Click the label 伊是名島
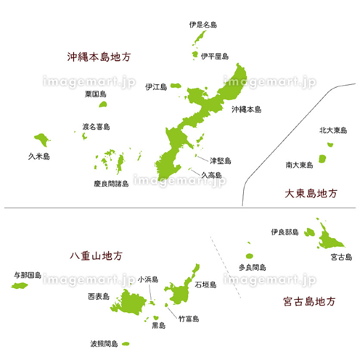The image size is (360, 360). [x=203, y=24]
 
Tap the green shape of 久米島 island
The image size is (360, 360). [x=41, y=138]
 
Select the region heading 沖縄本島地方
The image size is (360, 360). [x=99, y=57]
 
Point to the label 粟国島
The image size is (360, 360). [x=96, y=94]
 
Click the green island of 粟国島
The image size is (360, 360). [x=103, y=104]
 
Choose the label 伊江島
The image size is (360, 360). [x=156, y=87]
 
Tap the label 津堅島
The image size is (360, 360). [x=221, y=161]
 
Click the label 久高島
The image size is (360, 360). [x=211, y=175]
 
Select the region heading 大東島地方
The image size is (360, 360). [x=311, y=193]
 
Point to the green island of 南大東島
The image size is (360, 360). [x=322, y=158]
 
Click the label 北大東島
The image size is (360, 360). [x=333, y=131]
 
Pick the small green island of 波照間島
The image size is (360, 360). [x=125, y=344]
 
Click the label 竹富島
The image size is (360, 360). [x=188, y=319]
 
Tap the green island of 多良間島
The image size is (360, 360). [x=249, y=256]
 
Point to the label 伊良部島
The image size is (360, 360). [x=284, y=232]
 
